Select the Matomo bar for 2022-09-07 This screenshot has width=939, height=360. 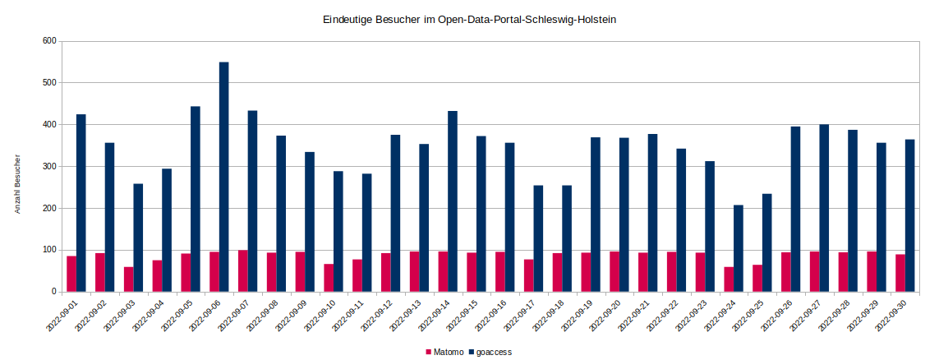pyautogui.click(x=242, y=270)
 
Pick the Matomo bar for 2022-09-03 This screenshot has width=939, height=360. pyautogui.click(x=128, y=279)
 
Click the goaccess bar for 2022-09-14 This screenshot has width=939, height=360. pyautogui.click(x=453, y=201)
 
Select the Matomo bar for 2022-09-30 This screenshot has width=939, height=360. pyautogui.click(x=900, y=273)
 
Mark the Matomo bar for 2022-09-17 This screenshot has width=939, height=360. pyautogui.click(x=528, y=275)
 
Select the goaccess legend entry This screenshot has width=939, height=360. pyautogui.click(x=490, y=352)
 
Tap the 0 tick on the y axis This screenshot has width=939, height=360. pyautogui.click(x=53, y=292)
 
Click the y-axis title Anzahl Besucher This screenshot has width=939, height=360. pyautogui.click(x=17, y=184)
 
